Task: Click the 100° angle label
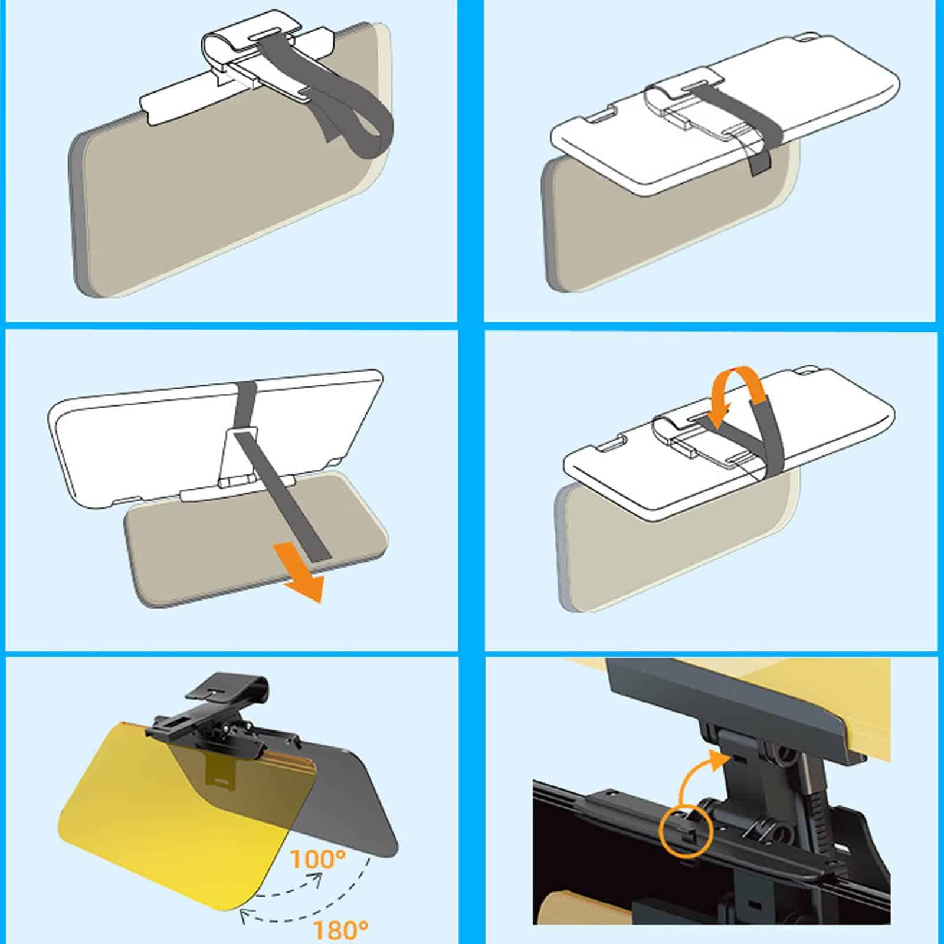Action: [317, 858]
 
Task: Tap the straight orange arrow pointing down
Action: [300, 571]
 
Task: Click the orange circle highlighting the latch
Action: [687, 830]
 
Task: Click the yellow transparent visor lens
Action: [177, 826]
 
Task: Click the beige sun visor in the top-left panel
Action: [224, 195]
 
